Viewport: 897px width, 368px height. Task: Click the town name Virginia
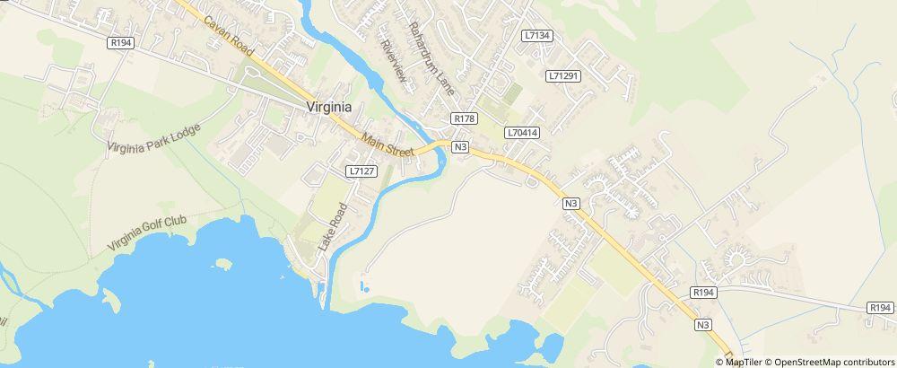click(x=328, y=106)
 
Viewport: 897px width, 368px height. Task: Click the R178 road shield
click(x=465, y=118)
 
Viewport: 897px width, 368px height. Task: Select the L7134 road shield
click(x=536, y=36)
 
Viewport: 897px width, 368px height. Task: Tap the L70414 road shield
click(x=522, y=132)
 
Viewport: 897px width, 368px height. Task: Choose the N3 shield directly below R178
click(x=461, y=146)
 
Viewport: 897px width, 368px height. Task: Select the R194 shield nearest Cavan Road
click(x=119, y=42)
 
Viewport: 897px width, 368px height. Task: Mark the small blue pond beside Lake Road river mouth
click(x=363, y=287)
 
